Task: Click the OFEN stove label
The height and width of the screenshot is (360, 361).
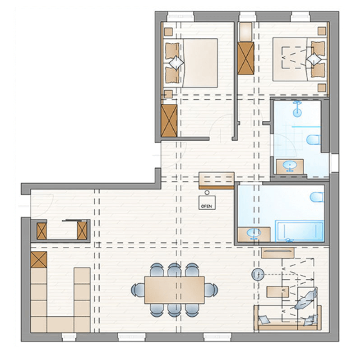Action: [x=207, y=206]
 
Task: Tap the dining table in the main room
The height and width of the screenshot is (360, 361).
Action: [x=175, y=290]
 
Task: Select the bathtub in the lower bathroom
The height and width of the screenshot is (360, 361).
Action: [x=300, y=231]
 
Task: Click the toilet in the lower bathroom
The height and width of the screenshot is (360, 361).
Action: [x=317, y=197]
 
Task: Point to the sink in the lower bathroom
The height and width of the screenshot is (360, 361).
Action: [x=254, y=233]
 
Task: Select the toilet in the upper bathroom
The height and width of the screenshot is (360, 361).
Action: [x=314, y=140]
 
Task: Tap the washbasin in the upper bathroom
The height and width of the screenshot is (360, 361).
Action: [x=289, y=166]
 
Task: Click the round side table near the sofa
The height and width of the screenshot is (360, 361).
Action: [x=258, y=274]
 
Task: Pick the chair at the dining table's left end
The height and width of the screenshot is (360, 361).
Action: [x=138, y=290]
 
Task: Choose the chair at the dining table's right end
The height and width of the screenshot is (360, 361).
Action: [x=211, y=290]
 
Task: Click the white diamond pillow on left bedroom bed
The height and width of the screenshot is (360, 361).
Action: [x=176, y=63]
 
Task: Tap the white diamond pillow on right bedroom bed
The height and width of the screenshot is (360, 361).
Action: [x=314, y=60]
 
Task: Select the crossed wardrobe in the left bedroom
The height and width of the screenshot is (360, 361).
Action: [x=169, y=120]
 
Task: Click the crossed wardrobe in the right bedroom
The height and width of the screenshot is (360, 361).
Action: [x=246, y=58]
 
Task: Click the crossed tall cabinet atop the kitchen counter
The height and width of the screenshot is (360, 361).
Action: [x=39, y=260]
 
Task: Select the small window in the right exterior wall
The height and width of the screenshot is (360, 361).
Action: [x=334, y=163]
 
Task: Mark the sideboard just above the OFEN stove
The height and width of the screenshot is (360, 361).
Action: [x=217, y=181]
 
